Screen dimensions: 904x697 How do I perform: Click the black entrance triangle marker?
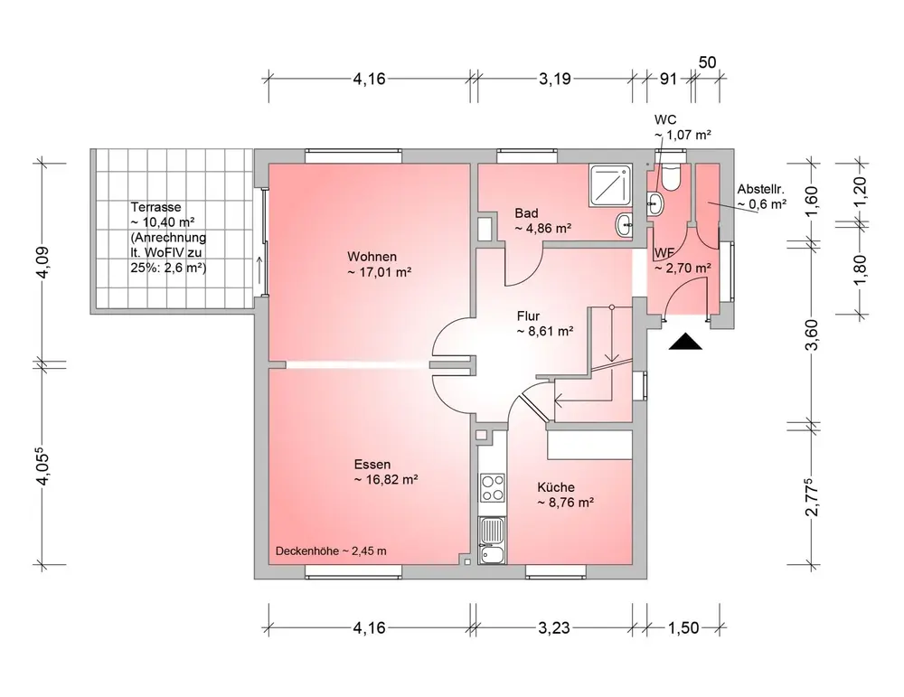[x=685, y=342]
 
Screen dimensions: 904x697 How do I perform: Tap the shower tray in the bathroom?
[x=610, y=185]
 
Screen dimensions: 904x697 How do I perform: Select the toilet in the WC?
[x=671, y=177]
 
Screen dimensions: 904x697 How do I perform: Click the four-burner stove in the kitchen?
[x=493, y=488]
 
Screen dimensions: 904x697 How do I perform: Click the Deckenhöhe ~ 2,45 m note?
[x=331, y=551]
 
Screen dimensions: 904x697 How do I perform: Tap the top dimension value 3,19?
[x=555, y=79]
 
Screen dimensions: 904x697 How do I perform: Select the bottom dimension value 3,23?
[x=554, y=627]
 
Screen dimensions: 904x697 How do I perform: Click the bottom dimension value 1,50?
[x=683, y=627]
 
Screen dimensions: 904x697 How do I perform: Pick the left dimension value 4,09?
[x=43, y=262]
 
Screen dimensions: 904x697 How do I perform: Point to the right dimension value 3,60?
[x=811, y=335]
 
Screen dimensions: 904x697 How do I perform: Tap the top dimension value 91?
[x=668, y=79]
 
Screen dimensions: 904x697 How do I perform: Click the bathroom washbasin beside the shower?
[x=625, y=225]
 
